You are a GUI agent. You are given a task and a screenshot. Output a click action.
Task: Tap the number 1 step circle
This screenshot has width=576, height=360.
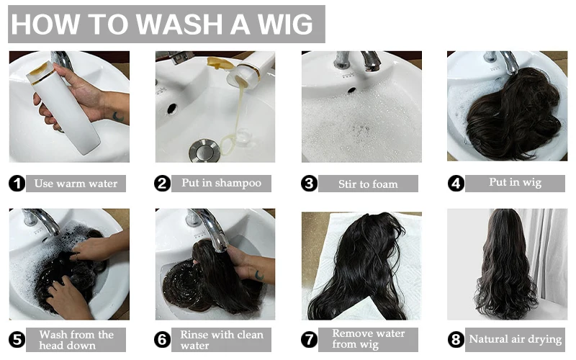coord(17,184)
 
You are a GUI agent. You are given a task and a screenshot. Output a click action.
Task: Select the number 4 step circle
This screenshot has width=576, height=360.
coord(455,184)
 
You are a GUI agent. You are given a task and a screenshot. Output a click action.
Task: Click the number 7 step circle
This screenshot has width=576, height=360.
coord(310,339)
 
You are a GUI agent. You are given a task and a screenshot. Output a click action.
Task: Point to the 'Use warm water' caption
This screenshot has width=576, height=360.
coord(76,183)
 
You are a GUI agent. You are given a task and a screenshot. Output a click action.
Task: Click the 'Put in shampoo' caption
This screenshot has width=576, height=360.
coord(222,183)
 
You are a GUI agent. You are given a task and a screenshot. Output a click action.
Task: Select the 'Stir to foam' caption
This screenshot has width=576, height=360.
coord(368,184)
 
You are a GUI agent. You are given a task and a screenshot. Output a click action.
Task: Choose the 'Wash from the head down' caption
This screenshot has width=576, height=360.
coord(76,340)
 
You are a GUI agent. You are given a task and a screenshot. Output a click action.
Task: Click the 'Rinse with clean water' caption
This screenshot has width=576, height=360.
coord(222,340)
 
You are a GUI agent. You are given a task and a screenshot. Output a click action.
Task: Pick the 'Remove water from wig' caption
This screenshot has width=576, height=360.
coord(368,339)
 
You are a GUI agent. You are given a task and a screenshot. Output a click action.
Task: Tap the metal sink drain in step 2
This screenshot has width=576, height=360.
coord(199,150)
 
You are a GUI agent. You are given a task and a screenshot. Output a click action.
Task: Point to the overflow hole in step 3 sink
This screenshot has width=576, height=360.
coord(351,90)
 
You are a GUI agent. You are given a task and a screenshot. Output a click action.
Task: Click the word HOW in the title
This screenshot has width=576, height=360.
coord(45,24)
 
